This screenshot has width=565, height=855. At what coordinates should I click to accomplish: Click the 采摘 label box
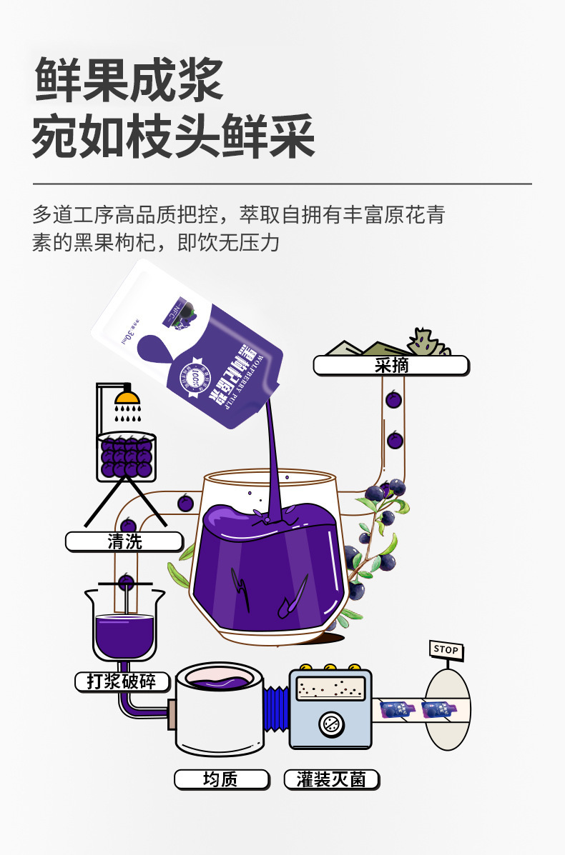(390, 366)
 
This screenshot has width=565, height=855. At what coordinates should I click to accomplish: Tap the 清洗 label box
(124, 541)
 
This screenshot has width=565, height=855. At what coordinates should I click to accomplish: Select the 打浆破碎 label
(122, 681)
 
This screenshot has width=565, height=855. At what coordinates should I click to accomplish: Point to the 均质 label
(221, 779)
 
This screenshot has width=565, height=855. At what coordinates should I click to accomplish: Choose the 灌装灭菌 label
(331, 779)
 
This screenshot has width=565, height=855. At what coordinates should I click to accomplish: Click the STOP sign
(446, 650)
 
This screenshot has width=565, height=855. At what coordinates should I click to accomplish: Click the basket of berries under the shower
(126, 457)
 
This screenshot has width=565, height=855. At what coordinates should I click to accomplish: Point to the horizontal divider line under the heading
(282, 184)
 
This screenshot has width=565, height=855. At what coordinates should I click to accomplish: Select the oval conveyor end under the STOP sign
(448, 707)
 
